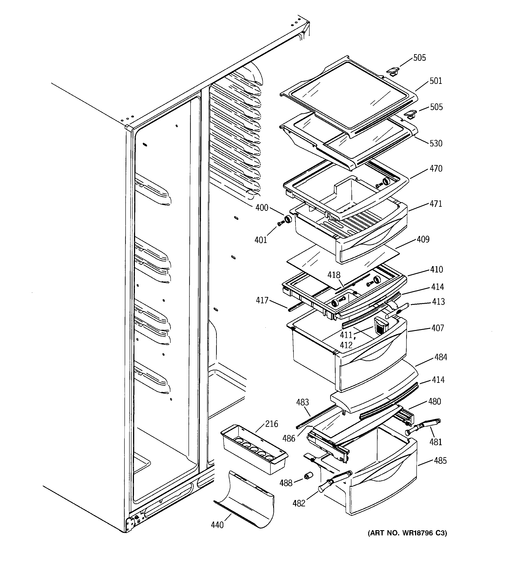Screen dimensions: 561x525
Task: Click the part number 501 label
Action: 436,81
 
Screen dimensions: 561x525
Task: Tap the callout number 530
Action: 436,143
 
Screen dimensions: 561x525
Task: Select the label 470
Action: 436,169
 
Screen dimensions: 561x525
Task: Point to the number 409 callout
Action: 423,239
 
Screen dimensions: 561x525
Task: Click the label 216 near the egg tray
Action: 271,424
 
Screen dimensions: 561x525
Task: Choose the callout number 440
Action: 217,525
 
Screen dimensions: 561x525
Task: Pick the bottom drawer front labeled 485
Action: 383,491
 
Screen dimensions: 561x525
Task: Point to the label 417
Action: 262,300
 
